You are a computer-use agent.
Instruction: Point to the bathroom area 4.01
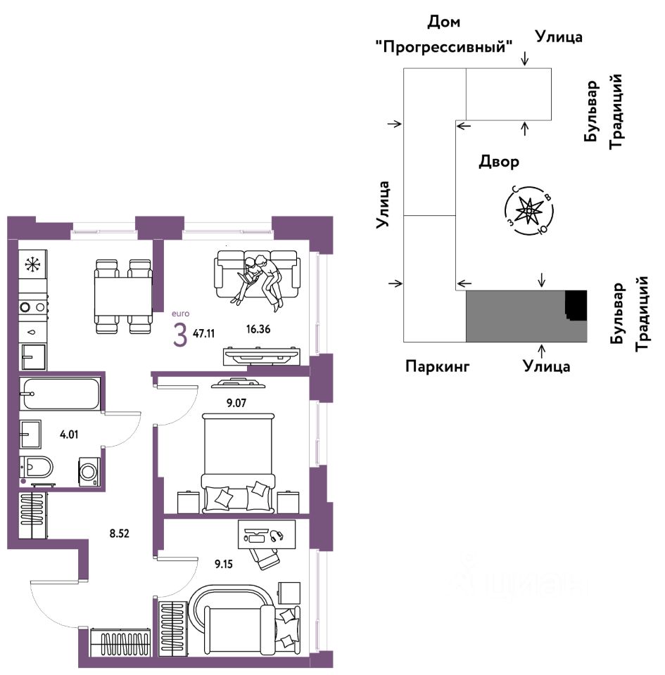point(69,434)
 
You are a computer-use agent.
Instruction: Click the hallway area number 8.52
point(119,533)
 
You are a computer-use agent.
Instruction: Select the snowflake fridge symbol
point(32,264)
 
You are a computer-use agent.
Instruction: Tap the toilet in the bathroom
point(38,467)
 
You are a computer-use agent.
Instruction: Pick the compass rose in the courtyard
point(528,210)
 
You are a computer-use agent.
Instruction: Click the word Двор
point(499,162)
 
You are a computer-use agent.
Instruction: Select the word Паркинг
point(437,366)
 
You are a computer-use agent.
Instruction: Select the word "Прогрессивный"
point(443,48)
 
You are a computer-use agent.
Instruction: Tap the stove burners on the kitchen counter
point(32,307)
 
